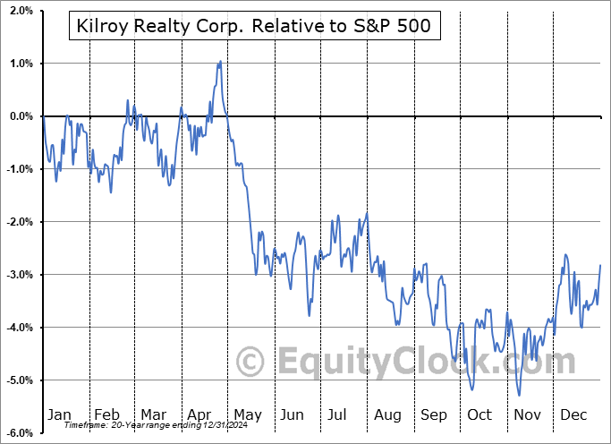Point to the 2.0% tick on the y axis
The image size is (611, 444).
click(20, 11)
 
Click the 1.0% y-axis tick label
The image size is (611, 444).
click(20, 64)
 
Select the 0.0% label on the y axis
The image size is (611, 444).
click(20, 116)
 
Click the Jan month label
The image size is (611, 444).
click(59, 414)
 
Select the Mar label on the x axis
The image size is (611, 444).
click(153, 414)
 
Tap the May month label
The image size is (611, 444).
click(247, 414)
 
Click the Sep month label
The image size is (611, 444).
click(434, 414)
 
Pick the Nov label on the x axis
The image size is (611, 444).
click(527, 414)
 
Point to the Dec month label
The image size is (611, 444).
click(573, 414)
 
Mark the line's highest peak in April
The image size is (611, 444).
click(220, 62)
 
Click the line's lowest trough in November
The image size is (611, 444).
click(519, 395)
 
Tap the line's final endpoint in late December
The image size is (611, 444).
click(600, 265)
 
